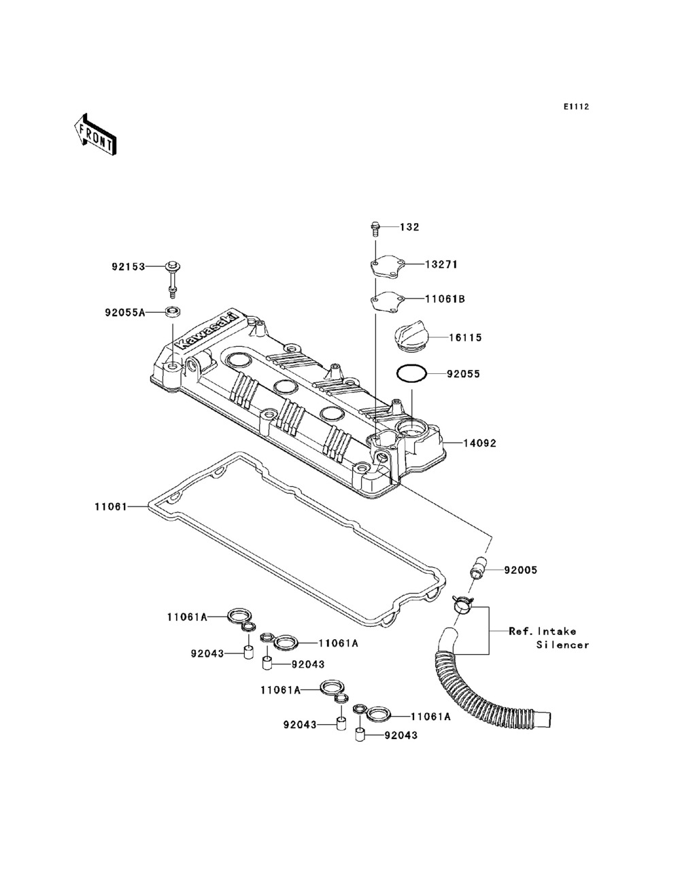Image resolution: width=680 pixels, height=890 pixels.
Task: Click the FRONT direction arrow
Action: [x=95, y=134]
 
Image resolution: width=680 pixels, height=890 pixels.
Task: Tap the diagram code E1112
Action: [x=576, y=107]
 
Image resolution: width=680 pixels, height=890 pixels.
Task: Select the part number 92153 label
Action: [x=129, y=267]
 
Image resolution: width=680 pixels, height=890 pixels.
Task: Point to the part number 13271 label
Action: [x=441, y=264]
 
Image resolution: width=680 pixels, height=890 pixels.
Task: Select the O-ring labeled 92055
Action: [x=411, y=374]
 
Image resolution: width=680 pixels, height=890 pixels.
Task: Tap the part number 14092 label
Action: [x=480, y=443]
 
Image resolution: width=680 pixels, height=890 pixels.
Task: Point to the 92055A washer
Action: [x=173, y=312]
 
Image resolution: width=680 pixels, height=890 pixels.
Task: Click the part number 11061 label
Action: [x=111, y=507]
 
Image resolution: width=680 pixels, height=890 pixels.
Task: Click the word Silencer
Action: [x=562, y=645]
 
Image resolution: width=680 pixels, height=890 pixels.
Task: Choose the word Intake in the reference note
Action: [x=557, y=632]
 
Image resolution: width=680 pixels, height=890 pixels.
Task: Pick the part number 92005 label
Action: [x=521, y=570]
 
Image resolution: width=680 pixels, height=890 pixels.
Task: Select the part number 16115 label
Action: [x=466, y=337]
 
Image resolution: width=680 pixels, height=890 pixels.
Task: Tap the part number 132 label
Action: [x=409, y=227]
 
